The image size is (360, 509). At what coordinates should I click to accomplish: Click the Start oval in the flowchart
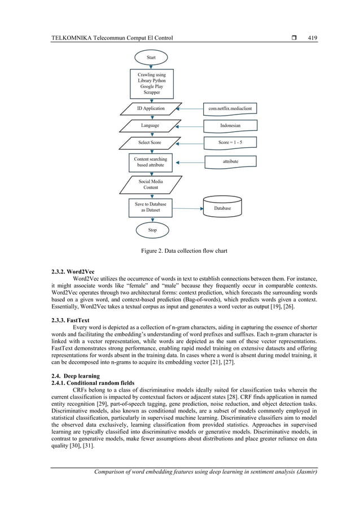pyautogui.click(x=151, y=57)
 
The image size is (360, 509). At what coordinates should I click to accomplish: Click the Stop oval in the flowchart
pyautogui.click(x=152, y=230)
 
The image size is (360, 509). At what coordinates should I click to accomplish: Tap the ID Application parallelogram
pyautogui.click(x=151, y=108)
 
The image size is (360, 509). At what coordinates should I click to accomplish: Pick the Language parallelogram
pyautogui.click(x=150, y=125)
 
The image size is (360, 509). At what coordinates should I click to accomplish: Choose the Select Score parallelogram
pyautogui.click(x=150, y=142)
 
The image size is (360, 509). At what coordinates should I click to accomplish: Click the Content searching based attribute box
pyautogui.click(x=151, y=163)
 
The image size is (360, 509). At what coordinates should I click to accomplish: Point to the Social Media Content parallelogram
pyautogui.click(x=151, y=185)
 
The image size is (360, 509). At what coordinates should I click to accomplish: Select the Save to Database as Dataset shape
pyautogui.click(x=151, y=207)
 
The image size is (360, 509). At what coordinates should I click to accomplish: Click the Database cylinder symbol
pyautogui.click(x=222, y=207)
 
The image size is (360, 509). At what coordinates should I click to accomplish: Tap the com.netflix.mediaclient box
pyautogui.click(x=230, y=108)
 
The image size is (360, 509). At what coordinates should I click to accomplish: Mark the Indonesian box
pyautogui.click(x=230, y=125)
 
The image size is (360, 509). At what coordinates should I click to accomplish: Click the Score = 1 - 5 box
pyautogui.click(x=230, y=142)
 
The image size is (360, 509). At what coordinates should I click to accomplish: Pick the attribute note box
pyautogui.click(x=230, y=162)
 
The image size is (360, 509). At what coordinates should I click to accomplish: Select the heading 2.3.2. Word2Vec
pyautogui.click(x=74, y=271)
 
